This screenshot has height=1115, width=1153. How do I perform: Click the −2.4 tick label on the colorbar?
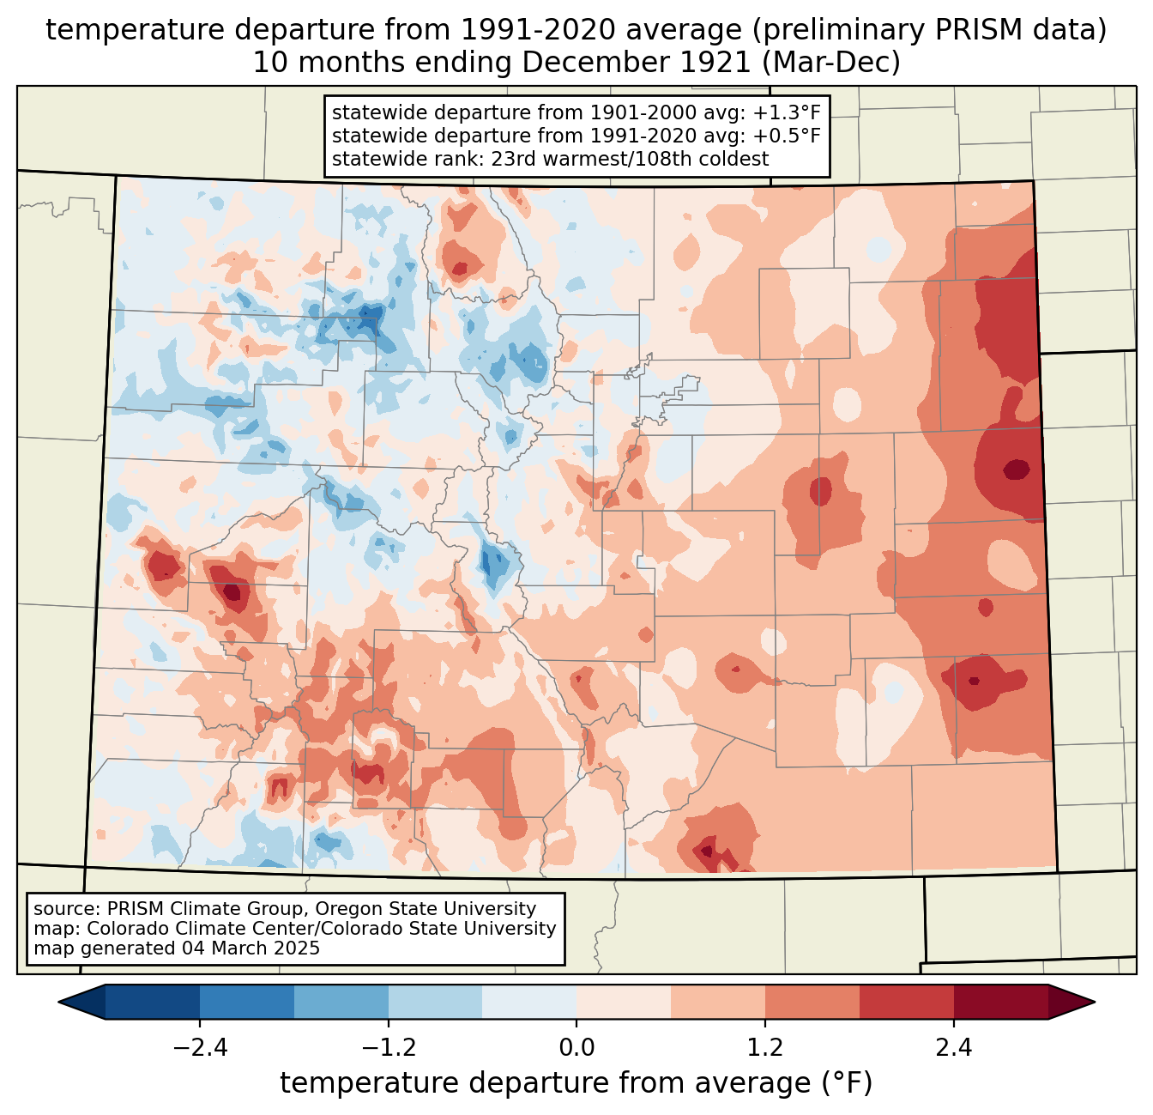pos(200,1048)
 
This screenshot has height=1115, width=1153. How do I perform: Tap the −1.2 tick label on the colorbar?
pos(388,1048)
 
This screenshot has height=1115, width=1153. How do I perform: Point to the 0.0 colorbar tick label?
pos(576,1048)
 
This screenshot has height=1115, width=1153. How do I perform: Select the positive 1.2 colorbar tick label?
pos(764,1048)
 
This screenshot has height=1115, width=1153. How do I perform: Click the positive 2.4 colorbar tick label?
pos(953,1048)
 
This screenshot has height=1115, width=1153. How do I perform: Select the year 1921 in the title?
pos(719,63)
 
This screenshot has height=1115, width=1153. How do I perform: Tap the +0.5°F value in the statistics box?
pos(789,136)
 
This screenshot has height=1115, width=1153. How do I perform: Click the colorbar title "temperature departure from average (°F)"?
pos(576,1083)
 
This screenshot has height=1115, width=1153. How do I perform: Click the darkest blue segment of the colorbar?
pos(153,1002)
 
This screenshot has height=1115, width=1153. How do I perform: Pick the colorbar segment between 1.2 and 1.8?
pos(812,1002)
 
